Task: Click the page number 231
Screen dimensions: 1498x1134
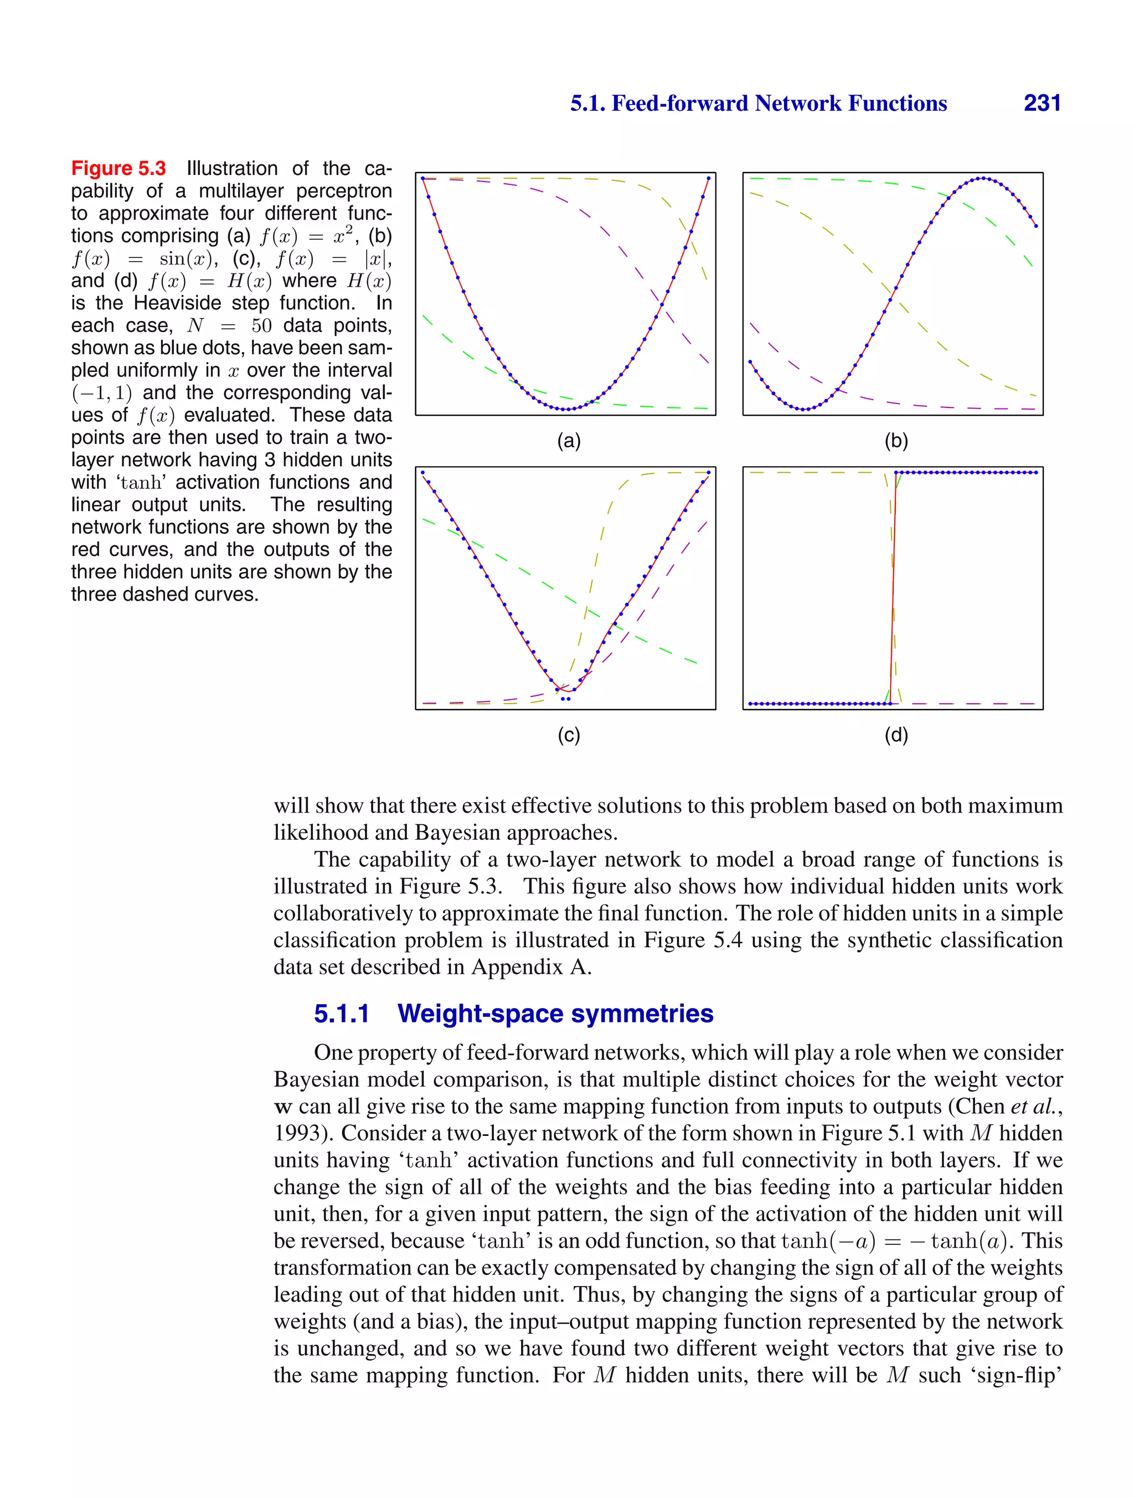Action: click(1042, 103)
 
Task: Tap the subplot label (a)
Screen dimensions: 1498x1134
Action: click(568, 441)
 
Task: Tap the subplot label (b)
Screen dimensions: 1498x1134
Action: click(895, 441)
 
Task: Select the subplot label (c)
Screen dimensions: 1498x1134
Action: click(568, 735)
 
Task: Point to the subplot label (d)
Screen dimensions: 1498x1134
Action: click(895, 735)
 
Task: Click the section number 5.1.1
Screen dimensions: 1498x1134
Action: click(342, 1014)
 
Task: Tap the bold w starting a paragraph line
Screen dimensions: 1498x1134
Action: click(282, 1107)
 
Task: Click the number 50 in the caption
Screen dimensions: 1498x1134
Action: click(261, 326)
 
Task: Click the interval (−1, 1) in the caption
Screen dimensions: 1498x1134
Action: click(102, 393)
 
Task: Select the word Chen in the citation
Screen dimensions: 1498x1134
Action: click(980, 1106)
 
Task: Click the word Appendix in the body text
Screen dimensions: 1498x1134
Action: click(518, 967)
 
